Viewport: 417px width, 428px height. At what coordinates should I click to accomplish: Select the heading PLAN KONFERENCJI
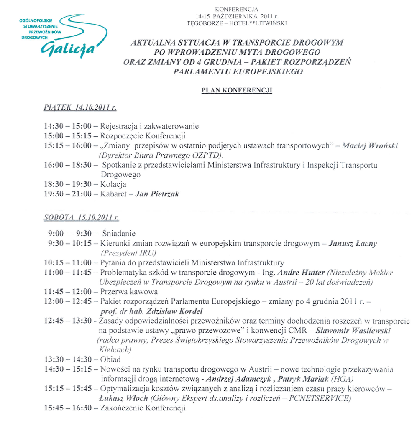pyautogui.click(x=237, y=90)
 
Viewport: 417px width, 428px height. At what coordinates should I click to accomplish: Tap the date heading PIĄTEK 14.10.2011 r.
pyautogui.click(x=80, y=107)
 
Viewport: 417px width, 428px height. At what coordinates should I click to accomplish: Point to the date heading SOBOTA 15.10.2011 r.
pyautogui.click(x=81, y=217)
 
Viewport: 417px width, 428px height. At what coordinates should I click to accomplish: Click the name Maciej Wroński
pyautogui.click(x=370, y=146)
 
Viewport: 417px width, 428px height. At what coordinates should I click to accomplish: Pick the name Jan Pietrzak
pyautogui.click(x=157, y=194)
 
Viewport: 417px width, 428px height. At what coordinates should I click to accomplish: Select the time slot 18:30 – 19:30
pyautogui.click(x=68, y=184)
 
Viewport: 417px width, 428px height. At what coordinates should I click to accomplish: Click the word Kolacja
pyautogui.click(x=113, y=184)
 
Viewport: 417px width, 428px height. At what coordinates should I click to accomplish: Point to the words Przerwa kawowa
pyautogui.click(x=129, y=292)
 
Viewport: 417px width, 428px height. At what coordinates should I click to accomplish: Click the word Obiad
pyautogui.click(x=110, y=359)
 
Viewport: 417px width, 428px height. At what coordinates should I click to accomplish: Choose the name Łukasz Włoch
pyautogui.click(x=123, y=398)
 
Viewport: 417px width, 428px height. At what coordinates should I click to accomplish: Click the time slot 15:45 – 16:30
pyautogui.click(x=68, y=408)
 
